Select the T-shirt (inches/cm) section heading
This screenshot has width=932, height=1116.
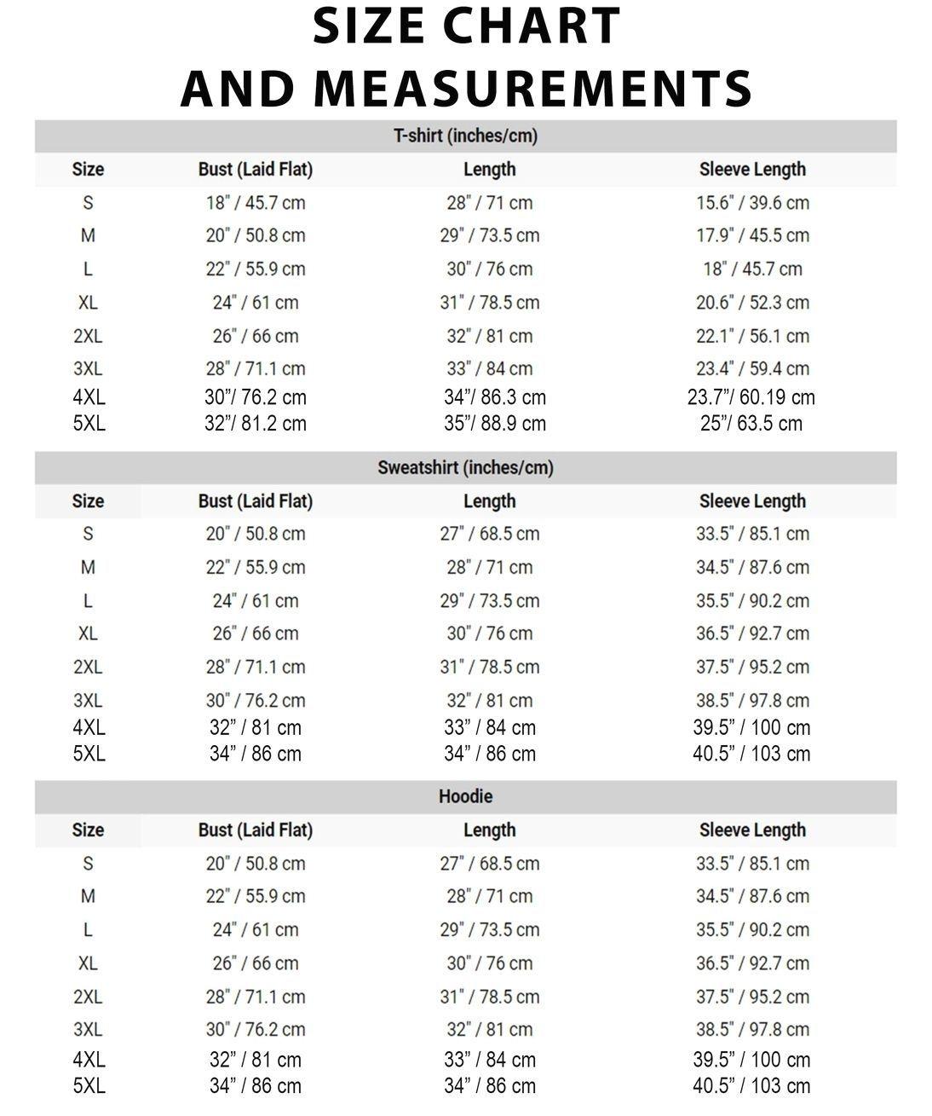pos(465,136)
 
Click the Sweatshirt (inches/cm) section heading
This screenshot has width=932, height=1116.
pos(465,467)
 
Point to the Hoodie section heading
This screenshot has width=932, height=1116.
pos(465,796)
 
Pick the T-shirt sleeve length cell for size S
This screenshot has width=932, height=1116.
pos(752,203)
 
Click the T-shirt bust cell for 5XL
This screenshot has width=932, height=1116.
pos(255,424)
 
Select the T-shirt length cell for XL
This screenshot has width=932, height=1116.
pos(489,303)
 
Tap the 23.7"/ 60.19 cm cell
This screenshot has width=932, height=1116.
pos(751,397)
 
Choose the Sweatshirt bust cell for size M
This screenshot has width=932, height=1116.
pos(255,567)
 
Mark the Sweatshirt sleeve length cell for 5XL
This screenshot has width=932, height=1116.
pos(751,754)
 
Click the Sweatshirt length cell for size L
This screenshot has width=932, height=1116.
pos(489,601)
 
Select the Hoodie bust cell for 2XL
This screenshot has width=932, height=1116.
pos(255,997)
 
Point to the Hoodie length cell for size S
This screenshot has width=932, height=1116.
pos(489,864)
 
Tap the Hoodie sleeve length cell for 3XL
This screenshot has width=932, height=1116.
pos(752,1029)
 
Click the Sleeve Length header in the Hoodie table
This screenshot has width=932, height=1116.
pos(752,830)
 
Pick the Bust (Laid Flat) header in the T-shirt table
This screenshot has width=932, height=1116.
pos(255,169)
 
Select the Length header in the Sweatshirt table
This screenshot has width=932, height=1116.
pos(489,500)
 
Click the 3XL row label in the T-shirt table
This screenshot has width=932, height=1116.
pos(88,369)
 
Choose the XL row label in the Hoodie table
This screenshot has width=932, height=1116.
pos(88,963)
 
